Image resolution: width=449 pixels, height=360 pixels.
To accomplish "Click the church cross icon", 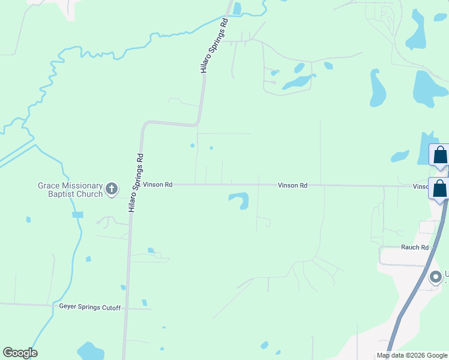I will click(112, 190).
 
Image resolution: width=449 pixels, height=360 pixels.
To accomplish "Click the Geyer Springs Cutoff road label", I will click(90, 308).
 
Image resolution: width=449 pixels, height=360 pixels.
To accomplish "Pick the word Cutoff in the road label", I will click(110, 308).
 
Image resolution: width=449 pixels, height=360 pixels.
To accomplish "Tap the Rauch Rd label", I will click(415, 247).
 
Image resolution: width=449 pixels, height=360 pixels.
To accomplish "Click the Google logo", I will click(20, 353).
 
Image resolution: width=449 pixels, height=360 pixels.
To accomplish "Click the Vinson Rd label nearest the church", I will click(158, 185).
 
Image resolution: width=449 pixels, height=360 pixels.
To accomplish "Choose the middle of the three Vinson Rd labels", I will click(293, 186).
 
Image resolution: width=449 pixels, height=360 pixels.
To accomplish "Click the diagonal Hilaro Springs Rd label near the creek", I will click(215, 46).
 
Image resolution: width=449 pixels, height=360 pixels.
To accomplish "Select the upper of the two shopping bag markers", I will click(440, 155).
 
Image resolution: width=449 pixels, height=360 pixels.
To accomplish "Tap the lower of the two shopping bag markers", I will click(440, 188).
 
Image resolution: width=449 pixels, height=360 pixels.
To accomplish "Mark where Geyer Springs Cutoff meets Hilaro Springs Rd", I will click(127, 308).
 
